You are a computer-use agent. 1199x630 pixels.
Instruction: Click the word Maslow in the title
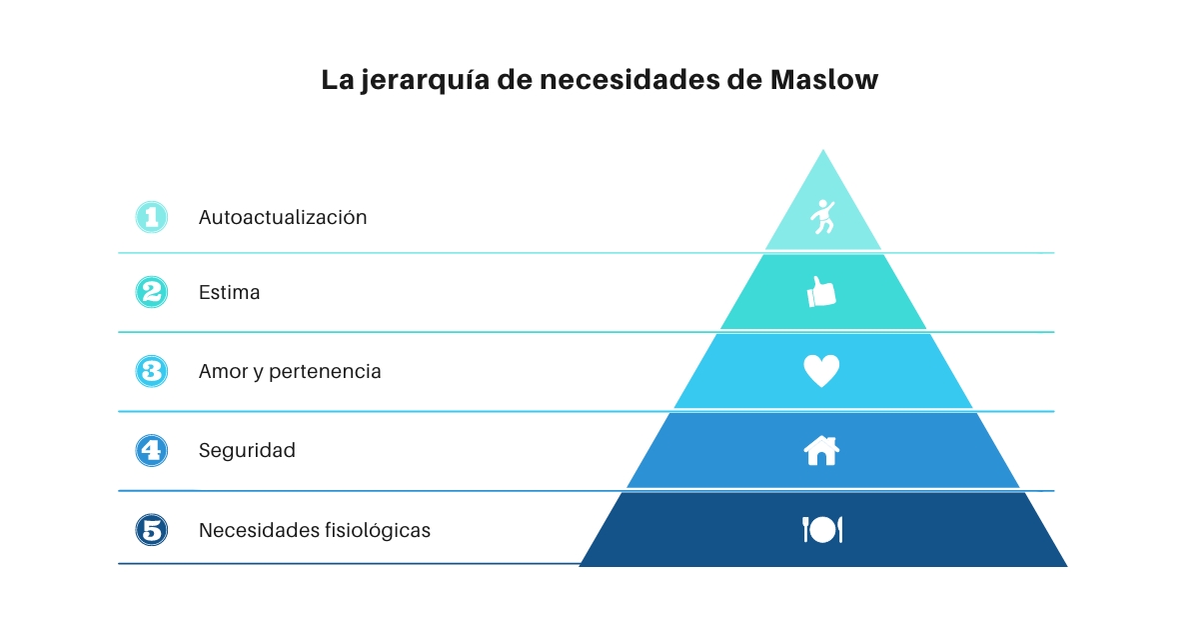[x=824, y=80]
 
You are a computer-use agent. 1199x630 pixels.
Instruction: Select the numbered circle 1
[x=152, y=217]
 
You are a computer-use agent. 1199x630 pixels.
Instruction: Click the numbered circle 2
[x=152, y=292]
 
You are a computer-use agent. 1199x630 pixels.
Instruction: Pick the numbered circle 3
[x=152, y=371]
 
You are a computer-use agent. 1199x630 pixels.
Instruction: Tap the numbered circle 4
[x=152, y=451]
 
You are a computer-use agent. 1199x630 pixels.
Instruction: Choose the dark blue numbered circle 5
[x=152, y=530]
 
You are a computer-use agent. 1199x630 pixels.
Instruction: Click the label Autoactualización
[x=283, y=218]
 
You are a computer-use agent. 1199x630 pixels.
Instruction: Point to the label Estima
[x=229, y=292]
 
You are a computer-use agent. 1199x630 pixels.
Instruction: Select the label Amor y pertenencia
[x=290, y=372]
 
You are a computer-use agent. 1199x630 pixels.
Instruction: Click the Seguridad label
[x=247, y=451]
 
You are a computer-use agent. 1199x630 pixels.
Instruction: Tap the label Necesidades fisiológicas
[x=314, y=530]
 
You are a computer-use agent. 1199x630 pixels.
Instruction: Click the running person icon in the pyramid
[x=822, y=216]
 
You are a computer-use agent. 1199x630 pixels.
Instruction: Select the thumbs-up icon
[x=821, y=292]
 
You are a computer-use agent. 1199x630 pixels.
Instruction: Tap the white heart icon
[x=821, y=371]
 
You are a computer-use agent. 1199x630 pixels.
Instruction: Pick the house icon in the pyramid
[x=821, y=451]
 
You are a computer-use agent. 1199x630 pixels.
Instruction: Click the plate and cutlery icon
[x=822, y=529]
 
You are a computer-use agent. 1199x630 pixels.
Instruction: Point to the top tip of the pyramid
[x=823, y=149]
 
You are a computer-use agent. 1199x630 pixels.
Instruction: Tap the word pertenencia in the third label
[x=325, y=372]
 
